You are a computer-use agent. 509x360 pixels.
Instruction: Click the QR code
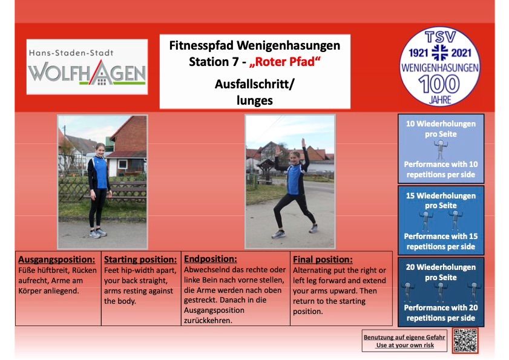[465, 341]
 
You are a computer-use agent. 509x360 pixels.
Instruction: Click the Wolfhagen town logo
[87, 67]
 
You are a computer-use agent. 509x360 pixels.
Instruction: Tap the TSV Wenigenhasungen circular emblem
[440, 67]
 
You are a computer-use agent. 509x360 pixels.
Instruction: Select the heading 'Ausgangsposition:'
[57, 260]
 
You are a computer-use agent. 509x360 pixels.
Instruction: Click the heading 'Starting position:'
[140, 260]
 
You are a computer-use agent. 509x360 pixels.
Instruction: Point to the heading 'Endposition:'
[211, 259]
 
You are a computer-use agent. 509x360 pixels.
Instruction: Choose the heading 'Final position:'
[323, 260]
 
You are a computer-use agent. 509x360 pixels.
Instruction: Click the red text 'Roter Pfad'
[284, 62]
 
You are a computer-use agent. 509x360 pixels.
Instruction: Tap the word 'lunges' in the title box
[254, 100]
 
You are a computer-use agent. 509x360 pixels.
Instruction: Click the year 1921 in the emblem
[419, 53]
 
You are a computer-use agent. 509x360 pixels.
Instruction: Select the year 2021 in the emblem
[461, 53]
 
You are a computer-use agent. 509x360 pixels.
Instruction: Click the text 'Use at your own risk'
[405, 345]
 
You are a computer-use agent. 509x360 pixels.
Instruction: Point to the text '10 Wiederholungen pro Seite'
[441, 129]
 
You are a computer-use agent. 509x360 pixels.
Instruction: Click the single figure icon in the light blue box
[441, 149]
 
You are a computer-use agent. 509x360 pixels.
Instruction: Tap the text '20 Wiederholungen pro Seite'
[441, 272]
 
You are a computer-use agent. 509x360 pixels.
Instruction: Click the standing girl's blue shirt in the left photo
[100, 172]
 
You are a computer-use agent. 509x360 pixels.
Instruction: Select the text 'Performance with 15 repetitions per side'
[441, 241]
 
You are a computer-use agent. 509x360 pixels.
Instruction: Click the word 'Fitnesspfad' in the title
[202, 45]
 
